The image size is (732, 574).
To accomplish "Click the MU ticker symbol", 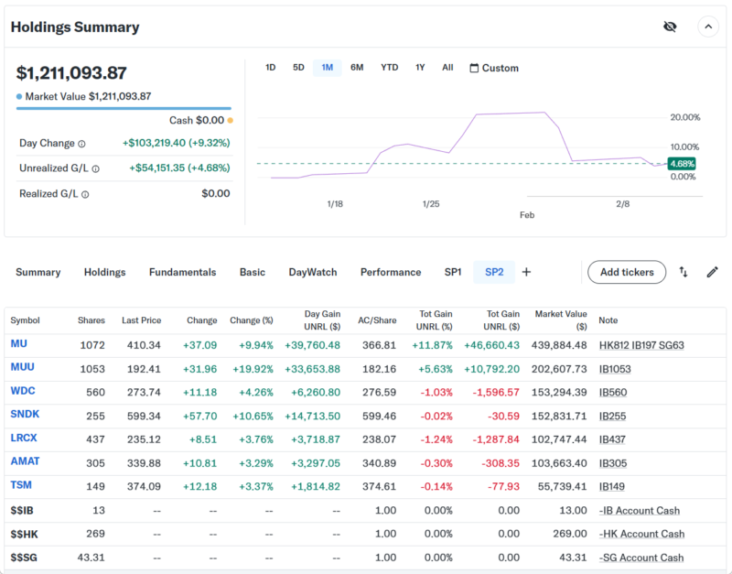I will click(19, 344).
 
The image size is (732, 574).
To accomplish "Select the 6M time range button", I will click(357, 68).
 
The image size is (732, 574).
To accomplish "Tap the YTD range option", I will click(389, 68).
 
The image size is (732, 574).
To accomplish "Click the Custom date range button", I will click(494, 68).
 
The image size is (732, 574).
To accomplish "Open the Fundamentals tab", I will click(182, 272).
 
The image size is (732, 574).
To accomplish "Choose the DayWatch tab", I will click(312, 272).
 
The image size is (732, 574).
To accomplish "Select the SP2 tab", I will click(494, 272).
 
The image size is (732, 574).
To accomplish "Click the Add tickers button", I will click(627, 272).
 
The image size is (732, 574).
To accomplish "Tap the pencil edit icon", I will click(712, 272).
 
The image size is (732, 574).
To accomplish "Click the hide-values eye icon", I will click(670, 27).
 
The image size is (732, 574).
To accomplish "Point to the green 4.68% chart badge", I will click(682, 164).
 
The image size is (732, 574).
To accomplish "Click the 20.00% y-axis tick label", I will click(684, 117).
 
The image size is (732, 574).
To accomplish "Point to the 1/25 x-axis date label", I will click(431, 203).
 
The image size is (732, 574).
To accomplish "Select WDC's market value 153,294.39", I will click(560, 391).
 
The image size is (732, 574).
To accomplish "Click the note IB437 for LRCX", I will click(612, 439).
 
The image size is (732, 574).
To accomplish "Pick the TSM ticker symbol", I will click(21, 485).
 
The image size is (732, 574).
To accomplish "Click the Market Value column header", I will click(560, 319).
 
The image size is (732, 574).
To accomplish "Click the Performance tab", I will click(391, 272).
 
